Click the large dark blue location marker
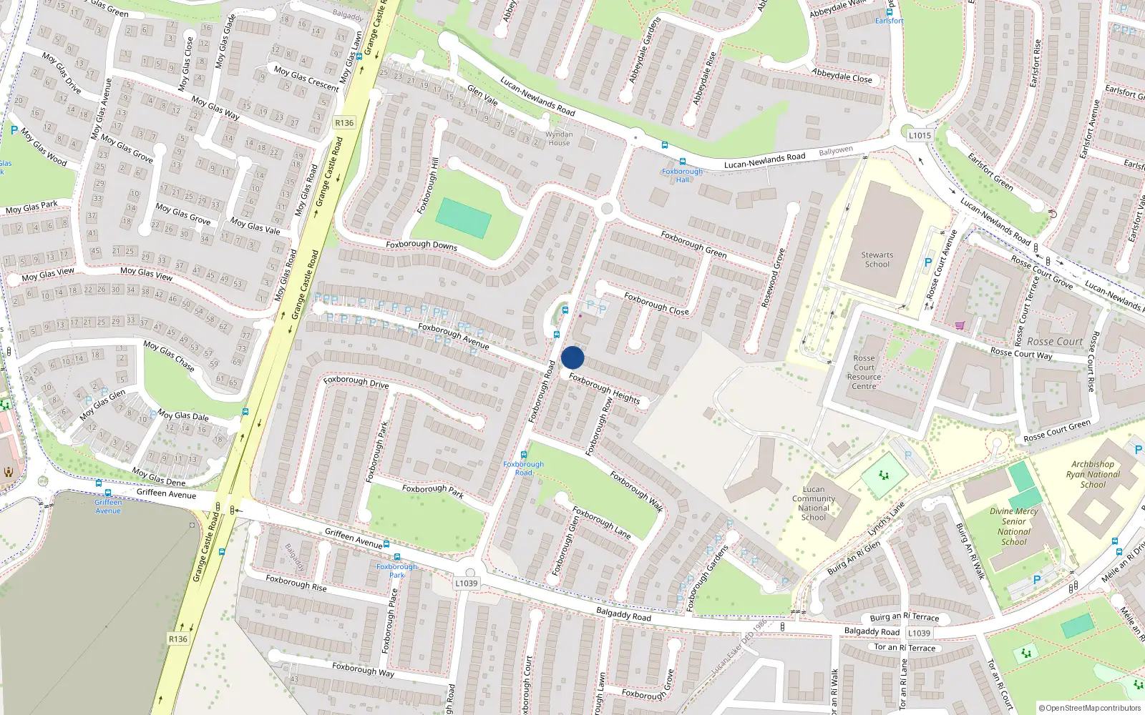(x=572, y=357)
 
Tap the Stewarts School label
(x=877, y=260)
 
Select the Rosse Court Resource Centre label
(x=864, y=372)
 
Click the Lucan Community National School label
(x=814, y=503)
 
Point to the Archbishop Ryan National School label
(x=1093, y=474)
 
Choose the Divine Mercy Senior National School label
(x=1014, y=526)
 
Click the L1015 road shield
(x=920, y=135)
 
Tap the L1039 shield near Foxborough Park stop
(x=466, y=583)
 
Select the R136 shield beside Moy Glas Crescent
(x=344, y=122)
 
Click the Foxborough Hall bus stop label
(x=682, y=175)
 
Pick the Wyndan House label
(x=559, y=138)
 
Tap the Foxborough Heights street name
(x=604, y=388)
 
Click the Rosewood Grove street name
(x=773, y=278)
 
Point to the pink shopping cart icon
(x=960, y=325)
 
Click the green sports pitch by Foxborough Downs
(x=463, y=218)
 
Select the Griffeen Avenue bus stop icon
(x=108, y=493)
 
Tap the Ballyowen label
(x=836, y=151)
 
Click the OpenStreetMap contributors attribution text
(x=1090, y=709)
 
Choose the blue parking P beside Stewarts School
(x=928, y=262)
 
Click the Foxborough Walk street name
(x=636, y=491)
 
